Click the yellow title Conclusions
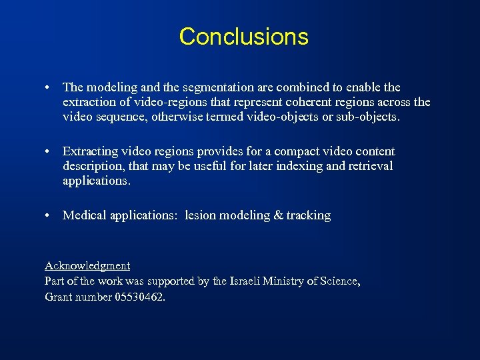(243, 36)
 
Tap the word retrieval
(369, 166)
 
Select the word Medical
(83, 215)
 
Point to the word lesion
(201, 215)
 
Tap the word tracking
(309, 215)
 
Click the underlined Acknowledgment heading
(87, 266)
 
